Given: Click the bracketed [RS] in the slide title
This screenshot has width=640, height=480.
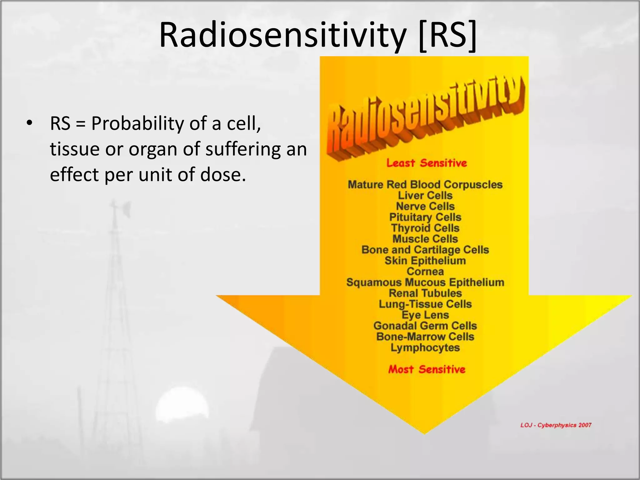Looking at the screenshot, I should click(447, 35).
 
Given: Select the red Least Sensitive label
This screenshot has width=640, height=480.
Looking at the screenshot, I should click(426, 163).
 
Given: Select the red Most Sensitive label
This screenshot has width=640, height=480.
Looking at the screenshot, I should click(427, 369).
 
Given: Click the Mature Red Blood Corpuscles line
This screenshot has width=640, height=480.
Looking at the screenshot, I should click(425, 184).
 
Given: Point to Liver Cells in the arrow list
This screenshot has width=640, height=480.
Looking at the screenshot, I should click(425, 195).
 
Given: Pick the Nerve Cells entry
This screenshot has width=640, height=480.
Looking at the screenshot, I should click(425, 206).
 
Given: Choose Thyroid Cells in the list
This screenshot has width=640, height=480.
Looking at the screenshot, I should click(425, 228).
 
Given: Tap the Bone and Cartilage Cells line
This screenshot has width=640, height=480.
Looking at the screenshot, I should click(425, 250).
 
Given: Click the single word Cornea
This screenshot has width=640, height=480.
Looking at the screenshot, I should click(425, 272).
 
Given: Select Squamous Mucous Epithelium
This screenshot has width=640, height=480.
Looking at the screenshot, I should click(425, 282).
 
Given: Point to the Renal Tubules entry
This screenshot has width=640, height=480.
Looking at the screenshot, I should click(425, 293).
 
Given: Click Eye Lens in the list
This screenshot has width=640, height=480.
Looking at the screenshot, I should click(425, 315).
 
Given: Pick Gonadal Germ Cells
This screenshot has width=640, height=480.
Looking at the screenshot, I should click(425, 326).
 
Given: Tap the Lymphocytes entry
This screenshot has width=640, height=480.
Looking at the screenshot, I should click(425, 347).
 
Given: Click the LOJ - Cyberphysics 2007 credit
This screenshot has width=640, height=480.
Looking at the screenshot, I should click(556, 425).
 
